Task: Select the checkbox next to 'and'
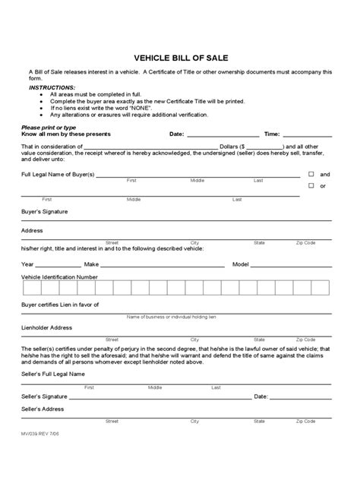(x=311, y=174)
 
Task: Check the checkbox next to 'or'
(x=311, y=185)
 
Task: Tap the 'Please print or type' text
(x=49, y=127)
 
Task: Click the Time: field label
(x=272, y=134)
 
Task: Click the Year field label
(x=27, y=264)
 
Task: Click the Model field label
(x=241, y=264)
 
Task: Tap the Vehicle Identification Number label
(x=59, y=277)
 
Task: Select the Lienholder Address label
(x=46, y=328)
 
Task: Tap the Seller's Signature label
(x=45, y=396)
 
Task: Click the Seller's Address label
(x=42, y=410)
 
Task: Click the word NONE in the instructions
(x=129, y=109)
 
